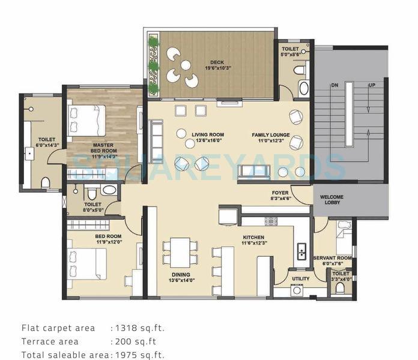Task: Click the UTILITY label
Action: point(300,278)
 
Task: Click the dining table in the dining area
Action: point(180,252)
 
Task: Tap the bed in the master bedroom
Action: point(87,119)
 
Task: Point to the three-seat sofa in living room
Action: point(156,141)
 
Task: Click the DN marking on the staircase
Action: point(335,86)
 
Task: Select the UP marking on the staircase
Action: point(372,86)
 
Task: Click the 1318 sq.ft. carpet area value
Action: point(137,328)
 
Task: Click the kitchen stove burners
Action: point(271,221)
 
